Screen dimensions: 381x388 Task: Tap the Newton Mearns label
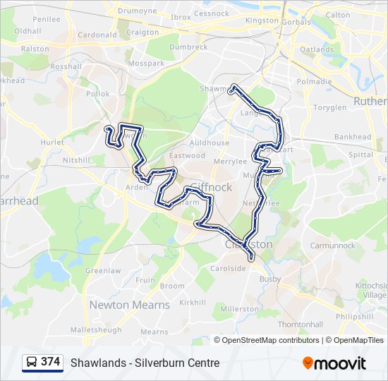click(x=129, y=305)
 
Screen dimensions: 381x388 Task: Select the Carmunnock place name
click(x=332, y=246)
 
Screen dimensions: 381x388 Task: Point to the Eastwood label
click(x=187, y=155)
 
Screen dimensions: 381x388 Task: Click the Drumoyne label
click(x=136, y=11)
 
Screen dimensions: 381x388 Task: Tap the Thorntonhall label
click(x=300, y=324)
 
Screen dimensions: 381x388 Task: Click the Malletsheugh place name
click(x=96, y=329)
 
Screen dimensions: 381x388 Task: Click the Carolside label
click(x=227, y=268)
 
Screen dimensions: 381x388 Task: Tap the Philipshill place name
click(x=355, y=317)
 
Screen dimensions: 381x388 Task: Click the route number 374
click(x=51, y=362)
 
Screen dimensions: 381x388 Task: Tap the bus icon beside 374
click(x=32, y=363)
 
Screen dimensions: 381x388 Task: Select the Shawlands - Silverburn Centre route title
click(x=145, y=363)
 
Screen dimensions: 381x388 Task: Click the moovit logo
click(x=334, y=363)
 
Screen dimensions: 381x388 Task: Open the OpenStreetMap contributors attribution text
click(x=267, y=340)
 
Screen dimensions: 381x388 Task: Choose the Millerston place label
click(x=240, y=309)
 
